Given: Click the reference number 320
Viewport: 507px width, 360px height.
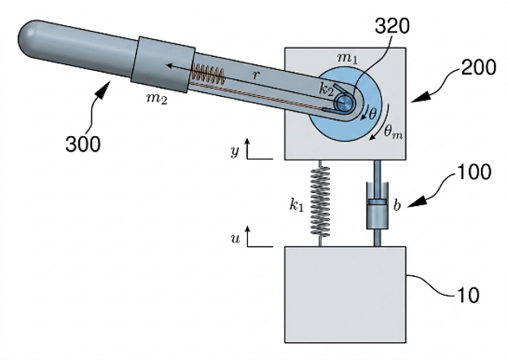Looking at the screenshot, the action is [392, 26].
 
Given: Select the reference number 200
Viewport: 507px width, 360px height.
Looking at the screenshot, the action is [478, 68].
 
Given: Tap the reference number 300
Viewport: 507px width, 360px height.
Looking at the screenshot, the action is [83, 144].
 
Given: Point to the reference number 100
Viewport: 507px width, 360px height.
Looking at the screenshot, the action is [474, 172].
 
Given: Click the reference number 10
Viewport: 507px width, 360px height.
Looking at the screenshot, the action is [467, 295].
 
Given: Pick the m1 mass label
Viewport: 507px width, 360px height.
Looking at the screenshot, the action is [347, 58].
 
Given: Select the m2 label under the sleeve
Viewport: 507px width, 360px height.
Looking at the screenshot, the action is [157, 99].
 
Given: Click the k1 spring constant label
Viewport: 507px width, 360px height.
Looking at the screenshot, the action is [297, 204].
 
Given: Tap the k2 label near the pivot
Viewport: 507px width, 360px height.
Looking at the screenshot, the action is [326, 90].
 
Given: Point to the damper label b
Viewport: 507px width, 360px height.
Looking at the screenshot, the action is [397, 205].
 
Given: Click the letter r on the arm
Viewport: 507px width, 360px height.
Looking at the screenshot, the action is [256, 75].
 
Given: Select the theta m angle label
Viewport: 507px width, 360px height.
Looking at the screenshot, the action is [393, 133].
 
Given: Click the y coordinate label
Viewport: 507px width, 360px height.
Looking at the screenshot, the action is [235, 151].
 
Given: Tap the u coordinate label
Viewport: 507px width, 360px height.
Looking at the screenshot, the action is [235, 239].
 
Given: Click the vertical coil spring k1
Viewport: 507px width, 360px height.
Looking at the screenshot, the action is [320, 203].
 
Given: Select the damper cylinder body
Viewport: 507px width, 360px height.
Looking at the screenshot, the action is [377, 206].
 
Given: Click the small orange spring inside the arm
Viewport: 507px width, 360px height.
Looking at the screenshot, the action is [208, 74].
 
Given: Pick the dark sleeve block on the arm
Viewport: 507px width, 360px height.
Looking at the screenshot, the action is [163, 64].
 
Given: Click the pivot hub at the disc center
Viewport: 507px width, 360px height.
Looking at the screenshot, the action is [344, 103].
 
